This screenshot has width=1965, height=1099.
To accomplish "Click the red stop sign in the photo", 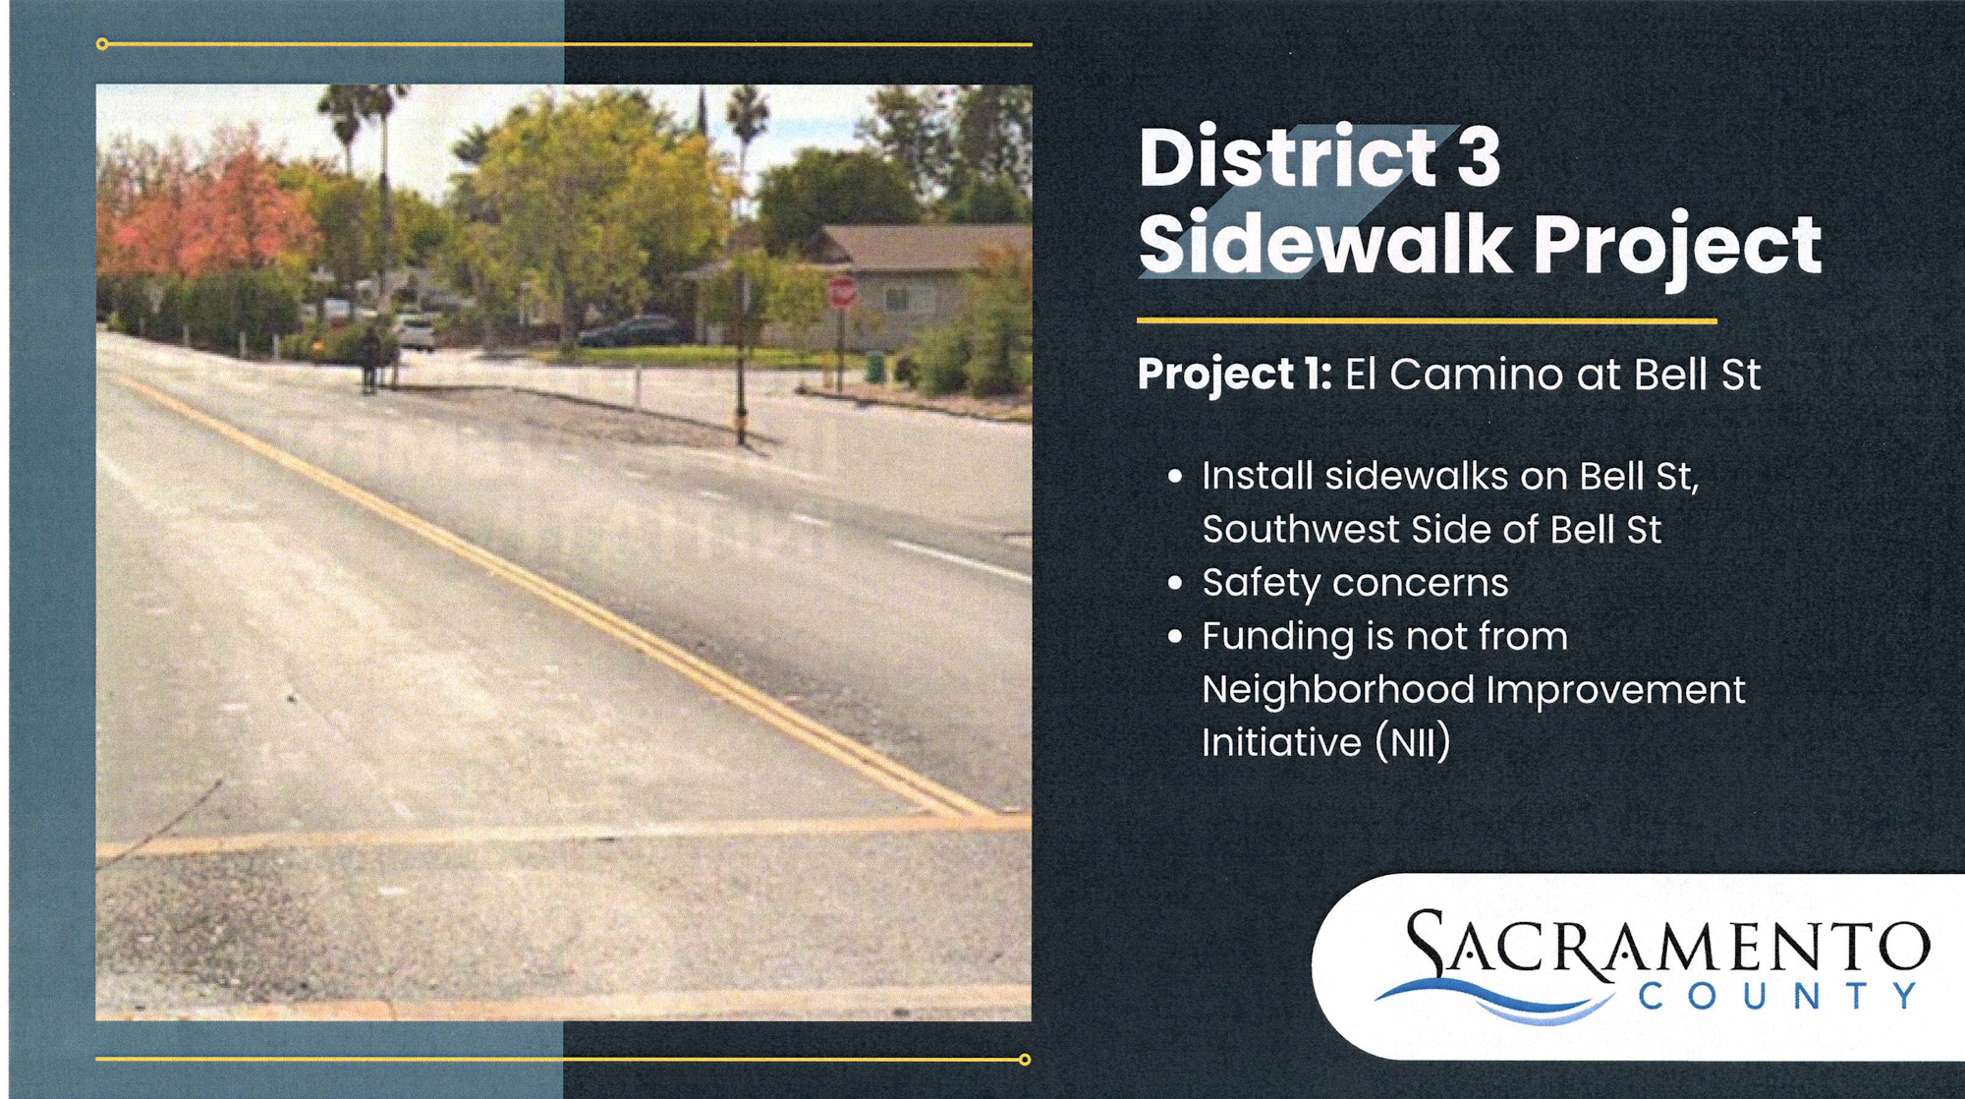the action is pos(841,292).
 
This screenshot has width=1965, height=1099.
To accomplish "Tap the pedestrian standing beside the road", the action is pos(369,360).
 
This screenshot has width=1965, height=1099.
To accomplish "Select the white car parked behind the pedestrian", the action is pos(416,332).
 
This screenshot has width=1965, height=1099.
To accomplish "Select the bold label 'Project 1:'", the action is pos(1234,375).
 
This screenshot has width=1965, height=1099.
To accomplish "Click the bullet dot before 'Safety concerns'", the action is pos(1175,583).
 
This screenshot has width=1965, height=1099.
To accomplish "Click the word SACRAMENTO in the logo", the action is pos(1667,946).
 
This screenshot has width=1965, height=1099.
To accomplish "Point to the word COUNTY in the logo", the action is pos(1778,997).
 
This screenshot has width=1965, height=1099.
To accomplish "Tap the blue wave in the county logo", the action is pos(1493,1001).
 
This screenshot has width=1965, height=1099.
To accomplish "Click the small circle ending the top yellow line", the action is pos(102,43).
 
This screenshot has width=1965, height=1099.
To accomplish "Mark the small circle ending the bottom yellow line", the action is pos(1025,1060).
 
